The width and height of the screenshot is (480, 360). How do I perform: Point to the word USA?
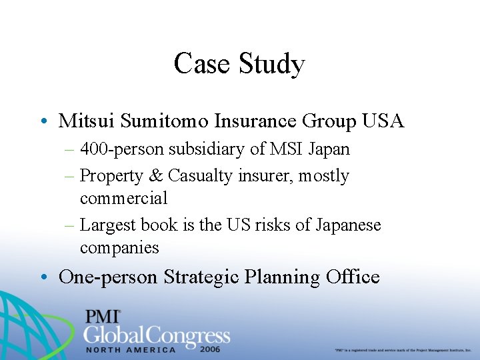click(383, 121)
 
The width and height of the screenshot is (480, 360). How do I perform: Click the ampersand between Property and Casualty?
click(155, 175)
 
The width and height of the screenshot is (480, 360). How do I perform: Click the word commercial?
click(123, 198)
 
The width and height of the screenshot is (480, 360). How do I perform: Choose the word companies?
click(119, 247)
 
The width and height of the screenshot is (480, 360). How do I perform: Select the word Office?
click(353, 276)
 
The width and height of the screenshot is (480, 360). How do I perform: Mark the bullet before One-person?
click(42, 277)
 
